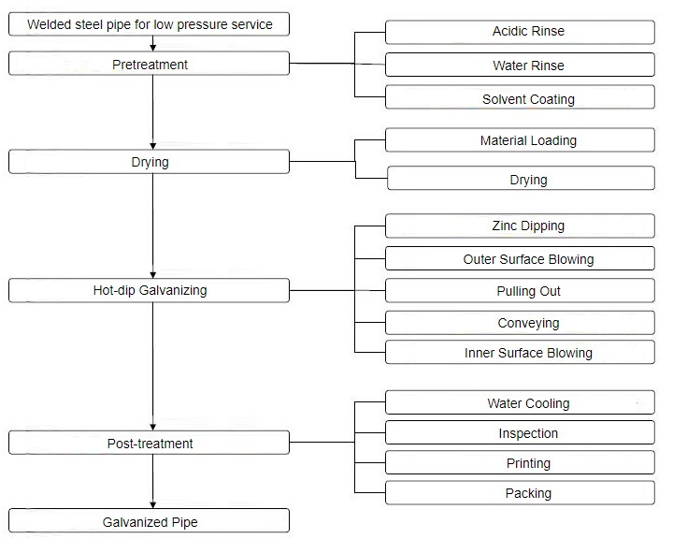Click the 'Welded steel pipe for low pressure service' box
(150, 24)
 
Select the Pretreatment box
(150, 65)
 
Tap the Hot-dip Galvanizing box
(150, 290)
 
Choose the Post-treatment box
(150, 443)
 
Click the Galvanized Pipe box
(150, 521)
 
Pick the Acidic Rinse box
(520, 32)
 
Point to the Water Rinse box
(520, 66)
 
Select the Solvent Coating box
(520, 99)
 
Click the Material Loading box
(520, 140)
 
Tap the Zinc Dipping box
(520, 226)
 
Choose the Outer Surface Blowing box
(520, 259)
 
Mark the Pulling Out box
(520, 291)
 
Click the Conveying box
(520, 323)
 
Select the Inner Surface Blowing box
(520, 353)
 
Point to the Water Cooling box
(520, 403)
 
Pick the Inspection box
(520, 433)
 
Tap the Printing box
(520, 463)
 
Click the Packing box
(520, 493)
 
